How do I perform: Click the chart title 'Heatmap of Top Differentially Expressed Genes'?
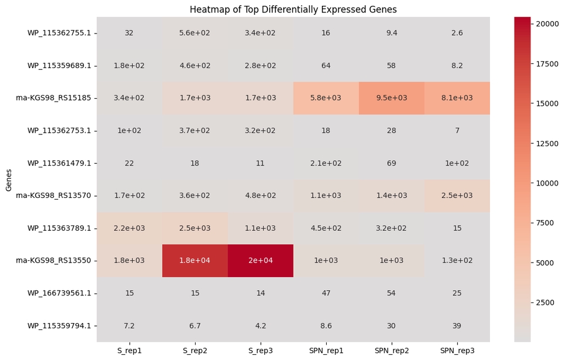pos(293,9)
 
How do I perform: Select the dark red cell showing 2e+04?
pos(260,260)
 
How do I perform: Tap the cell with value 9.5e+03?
pos(391,98)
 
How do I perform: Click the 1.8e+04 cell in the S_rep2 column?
pos(195,260)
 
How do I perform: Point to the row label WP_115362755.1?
pos(59,33)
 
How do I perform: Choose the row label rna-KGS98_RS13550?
pos(53,260)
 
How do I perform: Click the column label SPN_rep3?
pos(457,350)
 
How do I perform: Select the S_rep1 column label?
pos(129,350)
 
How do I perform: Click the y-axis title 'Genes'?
pos(8,179)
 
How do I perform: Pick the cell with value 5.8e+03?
pos(326,98)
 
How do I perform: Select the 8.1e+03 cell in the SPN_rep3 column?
pos(457,98)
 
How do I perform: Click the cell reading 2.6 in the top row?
pos(457,33)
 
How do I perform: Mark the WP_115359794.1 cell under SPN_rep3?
pos(457,325)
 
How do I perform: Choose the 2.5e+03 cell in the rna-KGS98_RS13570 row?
pos(457,195)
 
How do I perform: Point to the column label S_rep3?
pos(260,350)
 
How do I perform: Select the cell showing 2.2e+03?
pos(129,228)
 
